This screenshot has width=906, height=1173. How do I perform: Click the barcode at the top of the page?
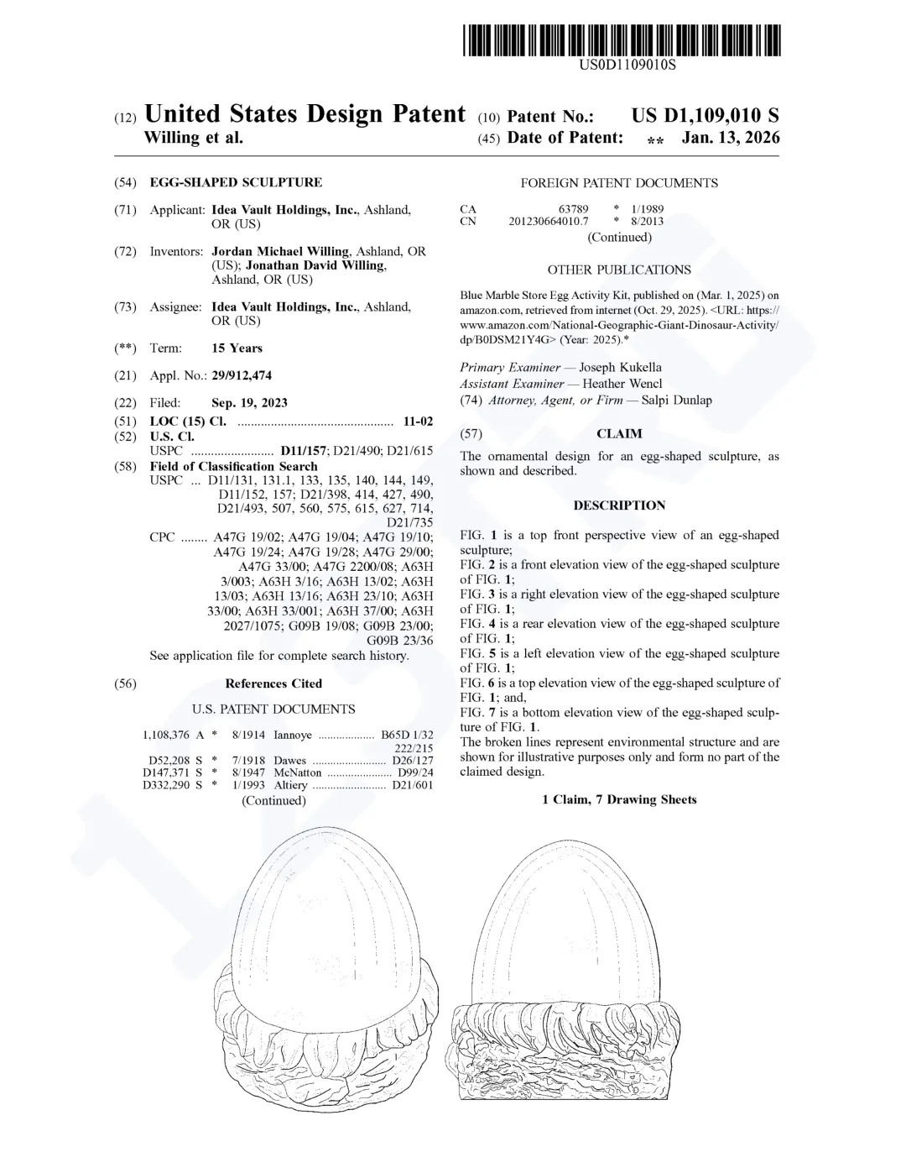click(620, 39)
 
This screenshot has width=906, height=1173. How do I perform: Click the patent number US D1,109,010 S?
click(705, 116)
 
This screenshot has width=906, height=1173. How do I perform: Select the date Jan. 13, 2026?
click(730, 138)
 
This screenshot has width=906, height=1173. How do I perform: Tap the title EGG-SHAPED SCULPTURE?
click(236, 182)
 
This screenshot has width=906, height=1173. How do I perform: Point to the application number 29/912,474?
click(242, 375)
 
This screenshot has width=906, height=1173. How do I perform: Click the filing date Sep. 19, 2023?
click(249, 402)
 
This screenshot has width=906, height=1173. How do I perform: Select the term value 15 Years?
click(237, 348)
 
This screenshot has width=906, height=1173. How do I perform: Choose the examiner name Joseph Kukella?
click(620, 367)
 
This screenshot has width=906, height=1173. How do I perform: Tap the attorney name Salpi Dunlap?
click(676, 400)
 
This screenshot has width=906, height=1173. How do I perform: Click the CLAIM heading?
click(619, 434)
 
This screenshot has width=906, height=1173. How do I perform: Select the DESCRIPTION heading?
click(619, 505)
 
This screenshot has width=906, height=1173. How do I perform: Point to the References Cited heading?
click(273, 683)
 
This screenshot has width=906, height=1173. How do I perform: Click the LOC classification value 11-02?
click(418, 421)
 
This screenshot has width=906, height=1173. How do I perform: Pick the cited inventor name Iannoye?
click(293, 735)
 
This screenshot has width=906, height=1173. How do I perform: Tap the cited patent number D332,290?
click(166, 785)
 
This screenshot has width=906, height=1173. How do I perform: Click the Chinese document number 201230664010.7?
click(549, 222)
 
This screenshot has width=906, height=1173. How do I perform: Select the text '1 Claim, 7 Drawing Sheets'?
click(619, 799)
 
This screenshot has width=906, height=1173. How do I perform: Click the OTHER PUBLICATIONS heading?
click(619, 270)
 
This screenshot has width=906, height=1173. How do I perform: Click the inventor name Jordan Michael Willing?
click(280, 251)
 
